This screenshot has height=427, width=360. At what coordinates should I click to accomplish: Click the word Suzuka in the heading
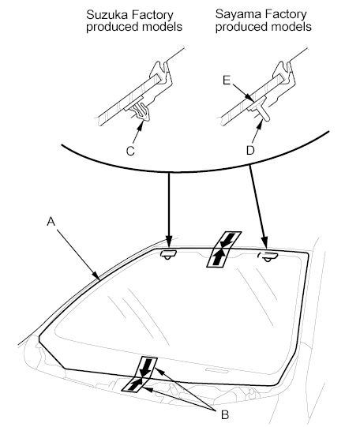107,15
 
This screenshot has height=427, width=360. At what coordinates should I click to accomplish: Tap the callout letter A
51,222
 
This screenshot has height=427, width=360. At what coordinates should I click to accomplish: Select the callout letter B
225,415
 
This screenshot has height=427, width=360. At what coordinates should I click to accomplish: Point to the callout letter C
130,151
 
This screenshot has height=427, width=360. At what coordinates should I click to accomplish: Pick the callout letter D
250,150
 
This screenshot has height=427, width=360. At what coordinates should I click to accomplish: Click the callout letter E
227,81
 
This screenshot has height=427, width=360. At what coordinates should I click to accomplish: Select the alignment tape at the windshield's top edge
224,249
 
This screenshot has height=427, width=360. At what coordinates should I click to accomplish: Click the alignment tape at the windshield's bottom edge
140,374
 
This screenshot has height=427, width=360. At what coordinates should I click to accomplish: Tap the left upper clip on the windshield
168,254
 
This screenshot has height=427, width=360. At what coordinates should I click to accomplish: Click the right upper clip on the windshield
268,257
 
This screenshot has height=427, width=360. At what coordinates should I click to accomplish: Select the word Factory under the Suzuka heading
152,15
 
